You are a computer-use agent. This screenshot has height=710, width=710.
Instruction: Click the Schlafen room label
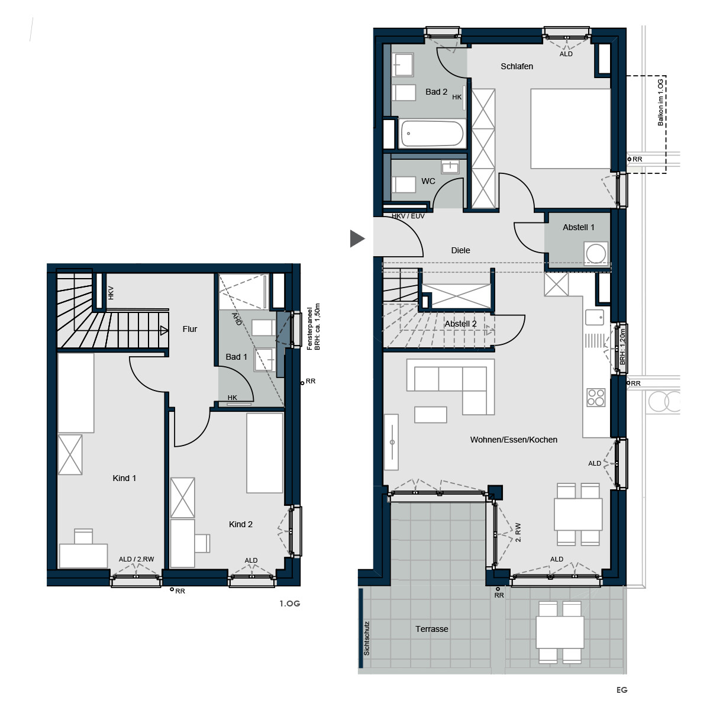point(517,66)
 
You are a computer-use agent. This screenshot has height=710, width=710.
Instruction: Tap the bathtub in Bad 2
point(431,133)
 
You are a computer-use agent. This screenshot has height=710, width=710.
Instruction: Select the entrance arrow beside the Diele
point(357,238)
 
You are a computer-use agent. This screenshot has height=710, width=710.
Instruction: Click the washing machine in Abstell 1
point(595,253)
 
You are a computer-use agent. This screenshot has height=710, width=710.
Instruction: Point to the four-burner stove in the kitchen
point(596,398)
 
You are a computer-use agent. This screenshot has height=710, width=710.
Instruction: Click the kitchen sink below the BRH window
point(594,317)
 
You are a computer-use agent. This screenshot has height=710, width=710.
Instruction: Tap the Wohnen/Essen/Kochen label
point(514,440)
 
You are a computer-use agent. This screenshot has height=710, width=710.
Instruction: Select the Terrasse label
point(432,629)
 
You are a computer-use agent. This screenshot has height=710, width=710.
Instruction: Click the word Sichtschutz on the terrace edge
point(367,638)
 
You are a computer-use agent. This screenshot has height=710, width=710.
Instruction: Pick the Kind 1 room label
point(124,478)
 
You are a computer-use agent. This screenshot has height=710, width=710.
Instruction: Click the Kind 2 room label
point(241,524)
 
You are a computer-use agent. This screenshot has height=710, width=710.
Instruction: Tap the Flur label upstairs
point(190,328)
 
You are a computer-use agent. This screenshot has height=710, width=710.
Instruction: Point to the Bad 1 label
point(236,357)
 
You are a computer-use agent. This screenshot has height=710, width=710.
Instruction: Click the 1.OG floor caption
point(289,603)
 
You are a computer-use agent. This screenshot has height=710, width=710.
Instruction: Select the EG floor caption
point(622,690)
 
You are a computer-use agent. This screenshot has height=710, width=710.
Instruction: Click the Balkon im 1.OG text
point(661,102)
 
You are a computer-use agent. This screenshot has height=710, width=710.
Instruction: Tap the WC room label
point(428,181)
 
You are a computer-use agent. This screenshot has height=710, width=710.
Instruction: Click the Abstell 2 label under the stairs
point(460,324)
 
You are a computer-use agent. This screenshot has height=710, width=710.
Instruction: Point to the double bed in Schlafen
point(570,128)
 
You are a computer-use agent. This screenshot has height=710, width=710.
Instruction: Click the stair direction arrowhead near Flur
point(164,331)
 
